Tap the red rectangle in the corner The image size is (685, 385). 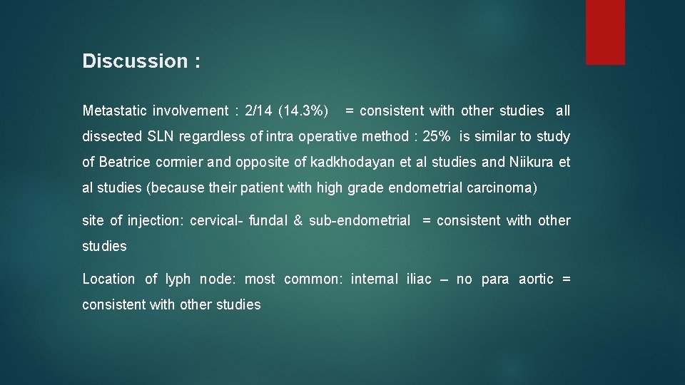click(605, 32)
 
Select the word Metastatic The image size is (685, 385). click(115, 111)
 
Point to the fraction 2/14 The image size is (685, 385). click(258, 111)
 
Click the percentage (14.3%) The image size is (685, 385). click(304, 111)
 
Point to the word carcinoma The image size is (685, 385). click(503, 188)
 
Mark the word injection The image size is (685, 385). click(156, 220)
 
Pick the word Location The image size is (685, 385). click(108, 279)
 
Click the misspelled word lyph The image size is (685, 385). click(178, 279)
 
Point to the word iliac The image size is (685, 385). click(419, 279)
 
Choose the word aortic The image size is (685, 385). click(536, 279)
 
